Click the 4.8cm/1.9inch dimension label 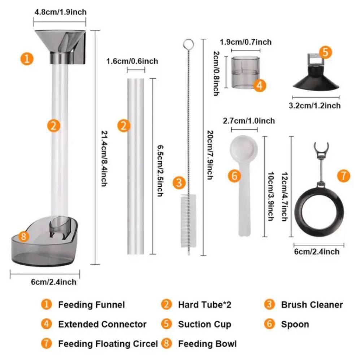coord(61,12)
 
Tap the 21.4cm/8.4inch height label coord(104,158)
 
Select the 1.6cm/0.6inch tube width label coord(132,61)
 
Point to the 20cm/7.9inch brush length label coord(210,155)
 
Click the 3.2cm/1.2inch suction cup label coord(315,106)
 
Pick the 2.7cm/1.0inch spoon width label coord(249,121)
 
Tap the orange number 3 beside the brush coord(179,183)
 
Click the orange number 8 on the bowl coord(23,236)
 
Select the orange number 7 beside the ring coord(344,176)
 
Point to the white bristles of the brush coord(188,221)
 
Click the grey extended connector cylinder coord(245,72)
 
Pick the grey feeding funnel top coord(60,47)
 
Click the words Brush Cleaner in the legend coord(312,305)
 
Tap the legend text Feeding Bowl coord(207,344)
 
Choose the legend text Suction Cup coord(204,325)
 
